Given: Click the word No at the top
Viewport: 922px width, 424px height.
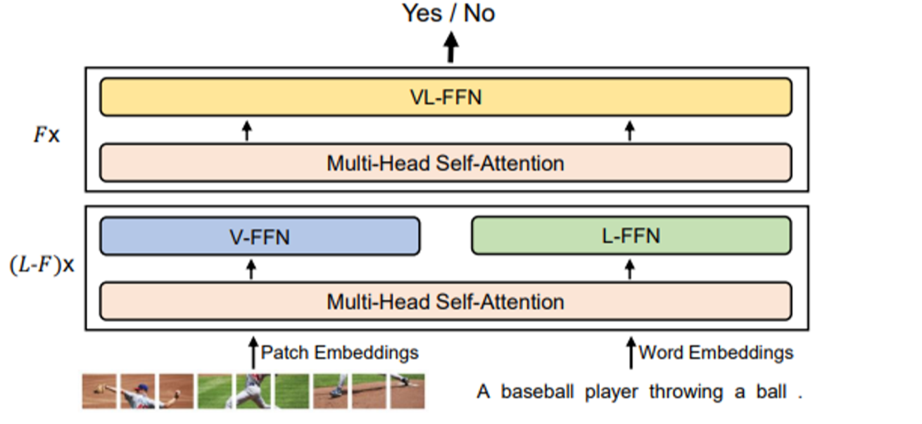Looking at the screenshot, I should (x=479, y=13).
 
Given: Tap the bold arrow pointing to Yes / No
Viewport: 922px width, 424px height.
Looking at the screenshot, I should (x=451, y=49).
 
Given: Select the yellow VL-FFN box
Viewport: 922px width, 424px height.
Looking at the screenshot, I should (x=446, y=97).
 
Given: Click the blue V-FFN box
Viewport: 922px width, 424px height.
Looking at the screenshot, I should (x=260, y=236).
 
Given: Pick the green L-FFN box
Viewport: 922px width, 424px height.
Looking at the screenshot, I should (x=631, y=236).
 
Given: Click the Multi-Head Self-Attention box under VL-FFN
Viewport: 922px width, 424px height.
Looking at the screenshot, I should (x=446, y=163).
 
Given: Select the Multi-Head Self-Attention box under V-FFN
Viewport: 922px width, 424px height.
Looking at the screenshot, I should (x=446, y=302).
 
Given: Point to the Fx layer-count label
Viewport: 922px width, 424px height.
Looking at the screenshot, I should (x=46, y=134).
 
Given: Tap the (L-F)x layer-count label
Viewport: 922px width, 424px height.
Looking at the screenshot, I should (x=42, y=267).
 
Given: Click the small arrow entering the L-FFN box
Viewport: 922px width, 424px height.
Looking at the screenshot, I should (x=630, y=268).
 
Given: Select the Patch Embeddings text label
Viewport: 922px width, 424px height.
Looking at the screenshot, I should (x=339, y=352).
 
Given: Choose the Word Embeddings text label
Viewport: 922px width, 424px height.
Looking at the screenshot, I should (x=716, y=352).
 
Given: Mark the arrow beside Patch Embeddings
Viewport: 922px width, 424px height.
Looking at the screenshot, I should (x=253, y=352).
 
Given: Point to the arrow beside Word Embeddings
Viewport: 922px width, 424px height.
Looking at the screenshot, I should (x=631, y=352).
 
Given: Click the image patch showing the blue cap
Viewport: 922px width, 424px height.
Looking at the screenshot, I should (x=137, y=391).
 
